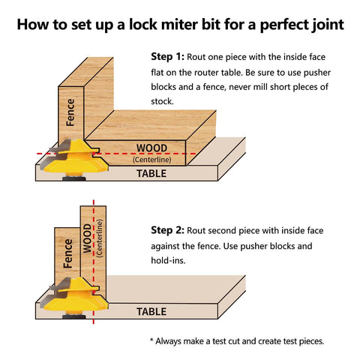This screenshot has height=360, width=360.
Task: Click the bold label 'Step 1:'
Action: (167, 56)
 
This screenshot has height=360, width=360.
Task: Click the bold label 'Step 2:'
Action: (167, 229)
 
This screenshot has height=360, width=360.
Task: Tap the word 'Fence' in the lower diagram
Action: (68, 253)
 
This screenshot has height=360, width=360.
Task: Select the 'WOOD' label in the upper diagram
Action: (152, 148)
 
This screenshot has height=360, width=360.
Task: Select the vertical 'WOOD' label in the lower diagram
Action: (87, 237)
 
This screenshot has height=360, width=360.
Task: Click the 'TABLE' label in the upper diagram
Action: (151, 173)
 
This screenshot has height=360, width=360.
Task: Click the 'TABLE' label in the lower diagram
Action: (151, 310)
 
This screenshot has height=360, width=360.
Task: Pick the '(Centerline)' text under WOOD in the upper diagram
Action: (152, 159)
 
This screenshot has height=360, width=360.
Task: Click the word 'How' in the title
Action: (34, 24)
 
